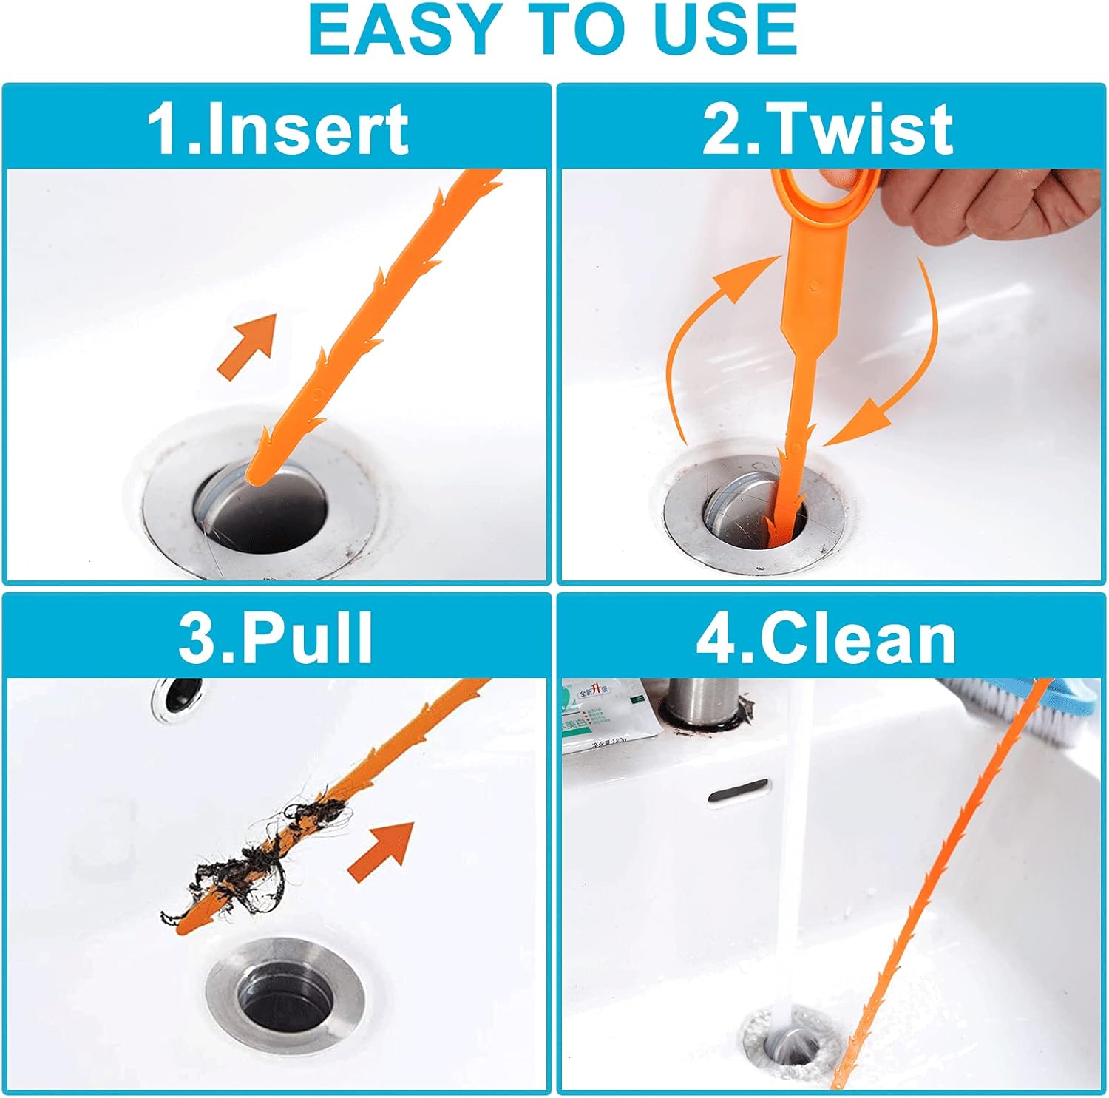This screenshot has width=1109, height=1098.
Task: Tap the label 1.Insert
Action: (x=277, y=129)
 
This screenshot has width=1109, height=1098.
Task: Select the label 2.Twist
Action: (x=828, y=129)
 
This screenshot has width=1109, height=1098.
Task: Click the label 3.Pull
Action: (x=276, y=638)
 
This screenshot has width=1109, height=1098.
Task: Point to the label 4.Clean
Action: (x=827, y=638)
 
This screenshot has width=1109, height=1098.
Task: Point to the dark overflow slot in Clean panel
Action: (x=738, y=790)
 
